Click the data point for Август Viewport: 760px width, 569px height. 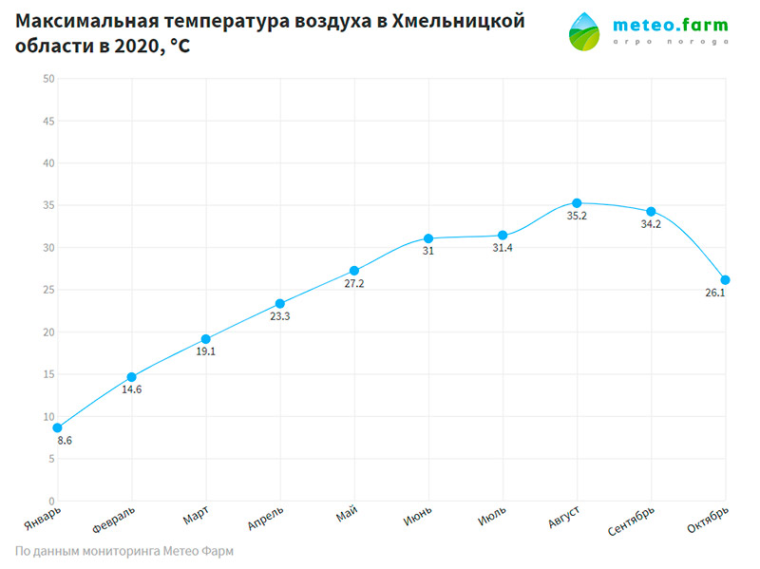point(577,203)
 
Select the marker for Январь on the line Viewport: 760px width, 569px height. point(58,427)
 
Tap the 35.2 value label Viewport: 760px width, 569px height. point(577,217)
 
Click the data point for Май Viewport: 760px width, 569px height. point(354,271)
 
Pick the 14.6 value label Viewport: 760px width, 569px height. point(131,389)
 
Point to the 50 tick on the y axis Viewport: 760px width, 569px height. point(47,79)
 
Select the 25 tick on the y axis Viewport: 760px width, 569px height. point(47,290)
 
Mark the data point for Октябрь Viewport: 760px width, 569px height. point(725,280)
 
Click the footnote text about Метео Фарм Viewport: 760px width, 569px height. point(124,551)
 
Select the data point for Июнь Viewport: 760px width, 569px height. point(428,238)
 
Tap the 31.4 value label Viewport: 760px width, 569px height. point(503,248)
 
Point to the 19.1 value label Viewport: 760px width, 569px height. point(205,351)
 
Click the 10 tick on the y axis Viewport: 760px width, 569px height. point(47,416)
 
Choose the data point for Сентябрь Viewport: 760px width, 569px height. point(651,212)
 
